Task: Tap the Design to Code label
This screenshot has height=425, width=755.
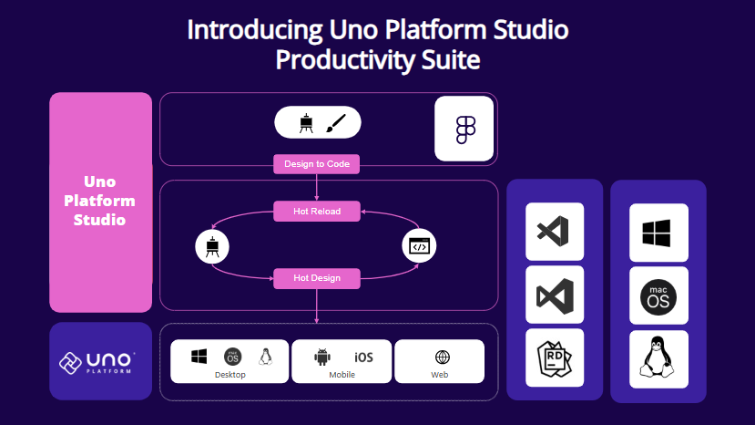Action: click(x=317, y=164)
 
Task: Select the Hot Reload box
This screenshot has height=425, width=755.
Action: click(x=317, y=212)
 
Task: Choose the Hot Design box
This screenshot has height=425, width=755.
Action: click(x=317, y=278)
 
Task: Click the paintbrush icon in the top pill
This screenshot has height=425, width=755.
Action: click(x=337, y=123)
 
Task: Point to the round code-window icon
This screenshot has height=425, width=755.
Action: click(x=419, y=245)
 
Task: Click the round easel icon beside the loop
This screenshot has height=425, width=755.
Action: click(x=211, y=245)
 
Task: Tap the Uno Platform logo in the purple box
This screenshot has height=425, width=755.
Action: click(x=99, y=361)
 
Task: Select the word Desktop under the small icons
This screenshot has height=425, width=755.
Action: click(x=230, y=375)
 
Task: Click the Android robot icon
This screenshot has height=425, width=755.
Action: click(x=321, y=358)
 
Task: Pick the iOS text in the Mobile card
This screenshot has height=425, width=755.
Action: click(x=362, y=358)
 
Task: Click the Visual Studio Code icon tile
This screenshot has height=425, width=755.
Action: click(x=555, y=232)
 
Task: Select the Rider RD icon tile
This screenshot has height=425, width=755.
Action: click(x=555, y=358)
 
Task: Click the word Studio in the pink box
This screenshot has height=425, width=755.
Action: click(x=99, y=220)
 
